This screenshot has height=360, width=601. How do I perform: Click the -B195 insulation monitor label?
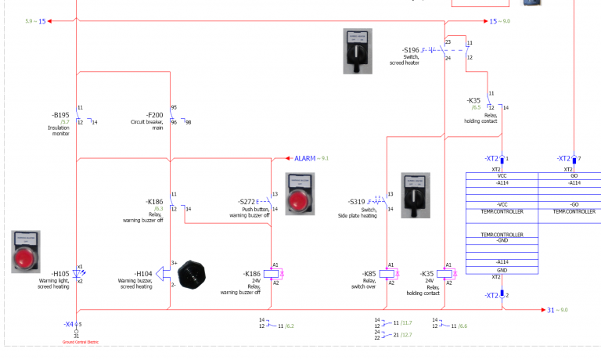point(60,115)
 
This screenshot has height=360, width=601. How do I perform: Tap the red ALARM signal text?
point(305,158)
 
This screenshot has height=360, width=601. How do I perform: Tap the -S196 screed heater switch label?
point(412,50)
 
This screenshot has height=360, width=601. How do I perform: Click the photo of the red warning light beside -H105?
point(26,251)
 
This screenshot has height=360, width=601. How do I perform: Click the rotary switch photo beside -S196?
point(358,51)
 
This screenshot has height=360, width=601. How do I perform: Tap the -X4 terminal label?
point(69,323)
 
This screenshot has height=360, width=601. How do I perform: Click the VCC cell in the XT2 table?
point(502,176)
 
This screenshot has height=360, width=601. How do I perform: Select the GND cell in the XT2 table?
point(502,269)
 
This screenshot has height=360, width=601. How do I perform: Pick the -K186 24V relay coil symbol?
point(272,274)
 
